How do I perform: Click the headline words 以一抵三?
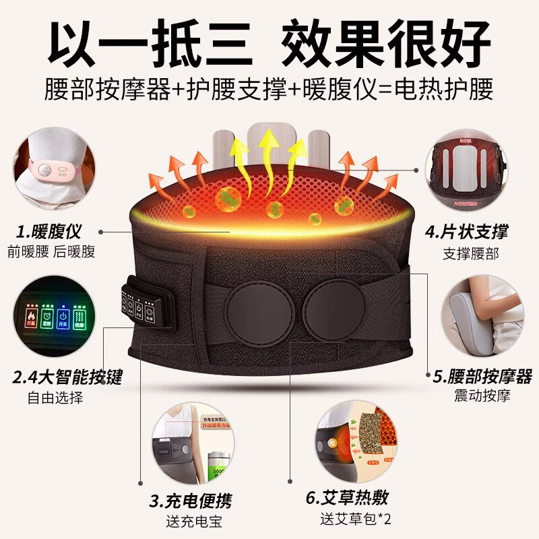click(x=150, y=42)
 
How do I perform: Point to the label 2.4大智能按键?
click(x=67, y=376)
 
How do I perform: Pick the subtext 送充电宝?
click(x=193, y=521)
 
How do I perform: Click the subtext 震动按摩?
click(x=482, y=395)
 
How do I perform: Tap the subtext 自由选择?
click(x=56, y=397)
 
